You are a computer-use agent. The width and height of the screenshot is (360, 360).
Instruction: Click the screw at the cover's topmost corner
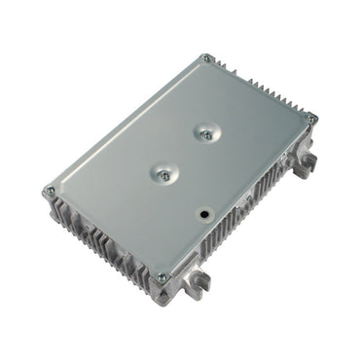point(206,58)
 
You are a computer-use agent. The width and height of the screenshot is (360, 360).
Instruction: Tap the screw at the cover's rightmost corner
point(311,119)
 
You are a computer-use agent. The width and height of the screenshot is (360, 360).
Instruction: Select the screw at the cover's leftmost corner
point(50,191)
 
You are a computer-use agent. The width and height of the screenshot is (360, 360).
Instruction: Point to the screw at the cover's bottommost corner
point(162,276)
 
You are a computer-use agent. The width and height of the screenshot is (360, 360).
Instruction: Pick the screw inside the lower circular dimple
point(163,175)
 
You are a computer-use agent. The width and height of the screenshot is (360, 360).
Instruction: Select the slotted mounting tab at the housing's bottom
point(198,283)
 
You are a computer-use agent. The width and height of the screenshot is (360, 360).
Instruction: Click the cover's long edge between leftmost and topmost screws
point(126,126)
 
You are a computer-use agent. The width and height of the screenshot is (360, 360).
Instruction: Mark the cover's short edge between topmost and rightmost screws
point(260,89)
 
